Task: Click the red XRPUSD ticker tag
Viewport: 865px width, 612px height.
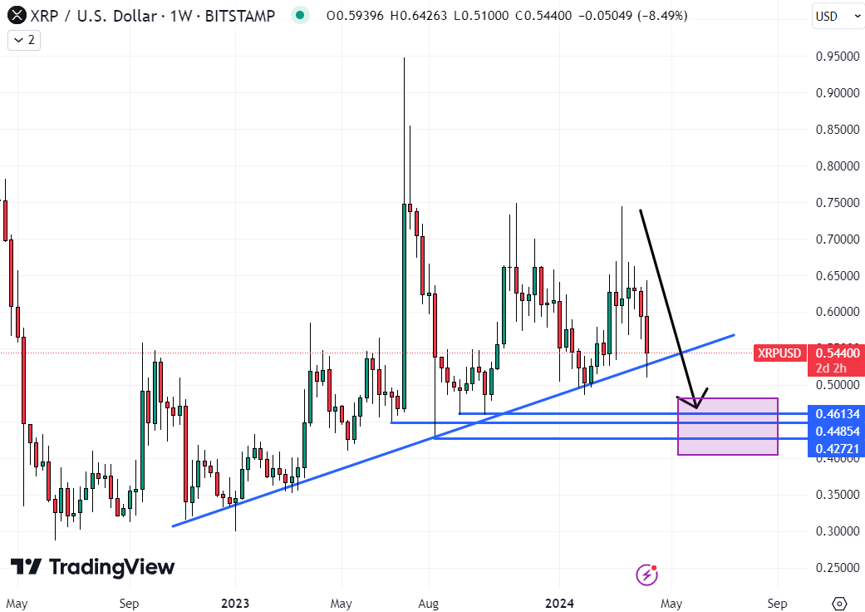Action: [x=779, y=353]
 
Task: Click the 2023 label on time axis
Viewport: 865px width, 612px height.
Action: [x=235, y=602]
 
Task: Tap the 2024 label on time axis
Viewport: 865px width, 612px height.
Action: [x=559, y=602]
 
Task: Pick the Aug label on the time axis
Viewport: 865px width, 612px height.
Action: [x=429, y=602]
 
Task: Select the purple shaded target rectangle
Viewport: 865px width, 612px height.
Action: [x=728, y=427]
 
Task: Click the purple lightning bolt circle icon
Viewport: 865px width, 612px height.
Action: [x=646, y=574]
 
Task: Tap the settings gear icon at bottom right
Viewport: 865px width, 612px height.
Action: [x=839, y=602]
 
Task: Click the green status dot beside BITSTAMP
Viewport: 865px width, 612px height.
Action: [x=301, y=15]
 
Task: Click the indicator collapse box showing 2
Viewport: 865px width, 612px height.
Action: [x=25, y=39]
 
